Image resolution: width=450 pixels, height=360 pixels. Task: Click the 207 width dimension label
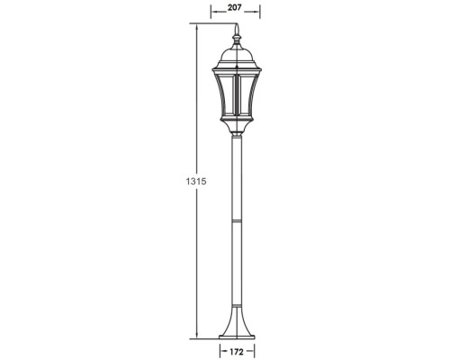click(235, 7)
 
